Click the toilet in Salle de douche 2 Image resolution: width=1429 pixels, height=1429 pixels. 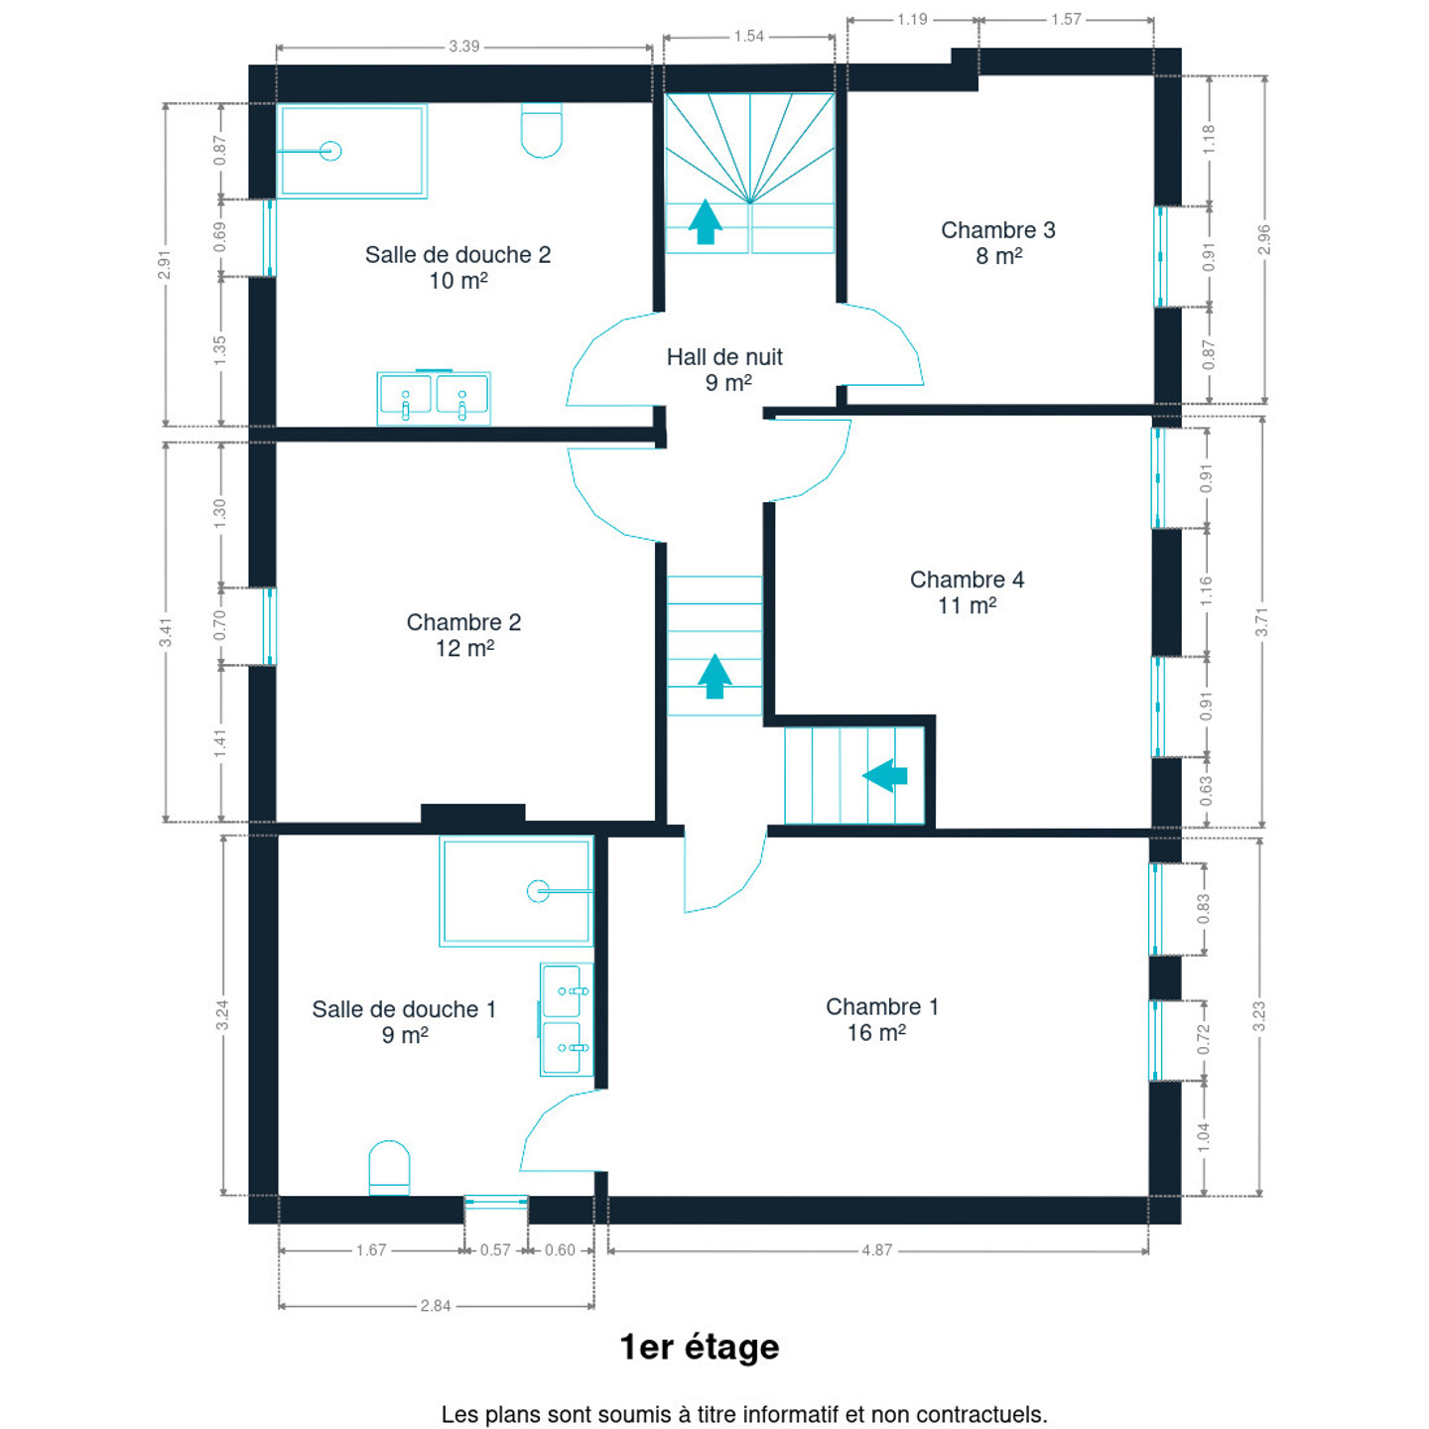[x=541, y=131]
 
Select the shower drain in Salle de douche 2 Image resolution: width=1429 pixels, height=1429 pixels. [x=330, y=151]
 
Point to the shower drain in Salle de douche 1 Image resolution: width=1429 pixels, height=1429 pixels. [x=538, y=890]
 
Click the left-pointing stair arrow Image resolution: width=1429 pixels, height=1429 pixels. [x=884, y=776]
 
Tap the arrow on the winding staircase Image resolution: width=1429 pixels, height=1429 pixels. [x=706, y=221]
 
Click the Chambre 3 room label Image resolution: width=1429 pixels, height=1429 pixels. [x=997, y=230]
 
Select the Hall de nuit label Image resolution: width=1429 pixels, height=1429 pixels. [x=724, y=357]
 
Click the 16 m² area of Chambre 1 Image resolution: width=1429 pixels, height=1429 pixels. [x=876, y=1033]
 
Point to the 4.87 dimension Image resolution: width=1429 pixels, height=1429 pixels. [x=876, y=1250]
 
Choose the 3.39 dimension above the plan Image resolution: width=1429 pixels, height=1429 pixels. [x=464, y=47]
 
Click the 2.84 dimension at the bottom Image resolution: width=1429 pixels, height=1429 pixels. [x=436, y=1306]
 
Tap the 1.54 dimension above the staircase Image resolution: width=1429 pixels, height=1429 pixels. [x=749, y=37]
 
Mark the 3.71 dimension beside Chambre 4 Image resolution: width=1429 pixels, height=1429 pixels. [x=1261, y=621]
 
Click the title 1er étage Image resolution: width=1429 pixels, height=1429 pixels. [x=700, y=1348]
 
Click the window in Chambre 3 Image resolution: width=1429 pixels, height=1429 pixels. [x=1160, y=257]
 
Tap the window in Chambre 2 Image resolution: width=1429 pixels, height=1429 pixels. [x=270, y=626]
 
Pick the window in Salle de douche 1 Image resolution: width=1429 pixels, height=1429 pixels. [x=496, y=1202]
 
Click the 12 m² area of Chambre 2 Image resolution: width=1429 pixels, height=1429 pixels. [x=464, y=648]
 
